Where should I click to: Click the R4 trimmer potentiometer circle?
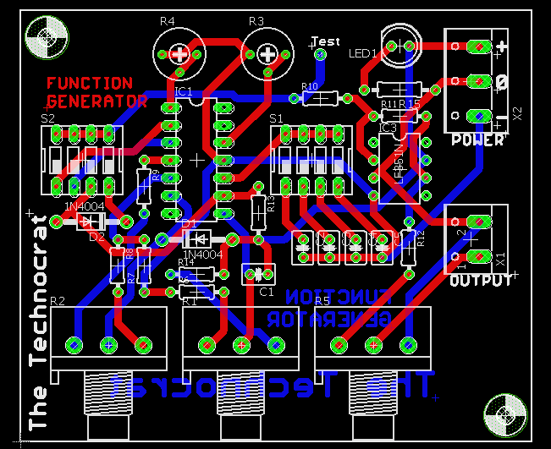coord(179,53)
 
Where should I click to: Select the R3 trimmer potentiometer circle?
coord(268,53)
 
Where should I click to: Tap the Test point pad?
coord(320,55)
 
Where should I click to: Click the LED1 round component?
coord(399,45)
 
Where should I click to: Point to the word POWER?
coord(478,140)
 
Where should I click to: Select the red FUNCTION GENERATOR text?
coord(96,92)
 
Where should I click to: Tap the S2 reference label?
coord(47,119)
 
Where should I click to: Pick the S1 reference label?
coord(276,119)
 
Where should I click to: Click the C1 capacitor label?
coord(266,292)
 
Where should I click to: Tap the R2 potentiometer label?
coord(58,301)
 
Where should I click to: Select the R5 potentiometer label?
coord(322,301)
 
